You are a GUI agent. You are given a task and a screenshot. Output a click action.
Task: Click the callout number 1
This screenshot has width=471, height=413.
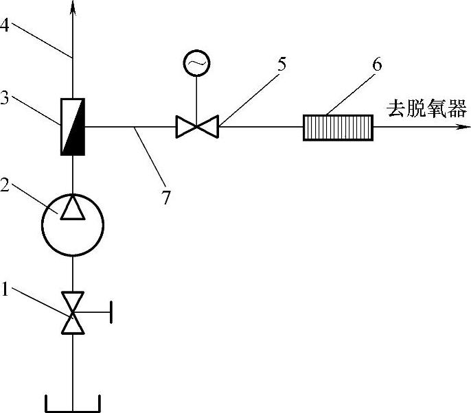[x=5, y=290]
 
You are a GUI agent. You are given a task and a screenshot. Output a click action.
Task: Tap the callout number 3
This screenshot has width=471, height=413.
[x=5, y=98]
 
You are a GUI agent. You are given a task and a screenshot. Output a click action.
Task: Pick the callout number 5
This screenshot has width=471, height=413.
[x=282, y=67]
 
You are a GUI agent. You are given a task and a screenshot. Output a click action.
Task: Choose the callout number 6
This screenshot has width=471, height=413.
[x=376, y=66]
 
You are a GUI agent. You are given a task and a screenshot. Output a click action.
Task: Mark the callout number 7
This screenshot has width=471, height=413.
[x=165, y=198]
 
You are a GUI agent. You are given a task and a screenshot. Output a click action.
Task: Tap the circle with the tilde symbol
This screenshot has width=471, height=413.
[x=196, y=64]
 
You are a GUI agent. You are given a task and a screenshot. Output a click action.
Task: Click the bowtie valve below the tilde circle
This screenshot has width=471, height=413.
[x=196, y=127]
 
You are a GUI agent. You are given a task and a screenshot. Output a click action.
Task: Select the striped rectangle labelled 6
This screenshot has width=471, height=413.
[x=338, y=127]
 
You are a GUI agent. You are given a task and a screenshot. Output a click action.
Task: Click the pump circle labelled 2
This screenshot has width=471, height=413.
[x=72, y=223]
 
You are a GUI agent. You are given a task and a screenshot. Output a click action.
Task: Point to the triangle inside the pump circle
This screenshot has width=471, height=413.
[x=72, y=208]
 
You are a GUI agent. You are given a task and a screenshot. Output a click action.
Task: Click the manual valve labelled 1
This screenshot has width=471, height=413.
[x=72, y=313]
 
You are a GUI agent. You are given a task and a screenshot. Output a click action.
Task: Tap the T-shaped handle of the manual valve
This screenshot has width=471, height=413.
[x=108, y=313]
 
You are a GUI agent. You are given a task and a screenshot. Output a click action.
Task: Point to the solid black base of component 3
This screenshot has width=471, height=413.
[x=72, y=150]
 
